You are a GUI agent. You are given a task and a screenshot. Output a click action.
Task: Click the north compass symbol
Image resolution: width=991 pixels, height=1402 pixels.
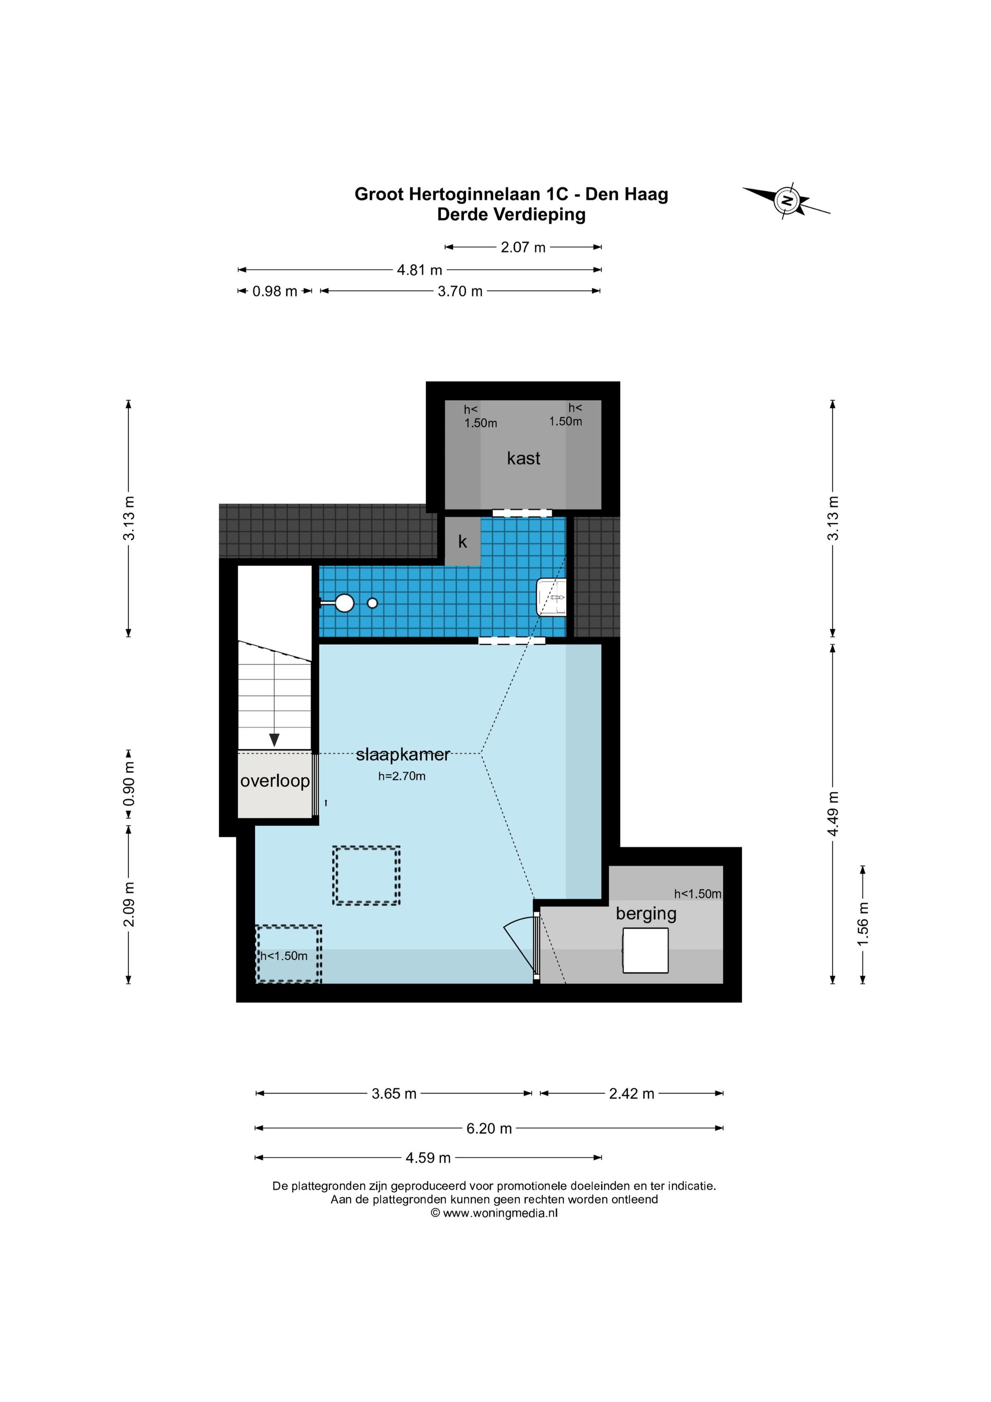(788, 200)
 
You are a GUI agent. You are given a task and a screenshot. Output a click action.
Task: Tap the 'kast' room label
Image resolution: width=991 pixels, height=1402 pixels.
(523, 458)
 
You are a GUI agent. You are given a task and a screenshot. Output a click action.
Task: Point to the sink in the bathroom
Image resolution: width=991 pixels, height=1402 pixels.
(551, 597)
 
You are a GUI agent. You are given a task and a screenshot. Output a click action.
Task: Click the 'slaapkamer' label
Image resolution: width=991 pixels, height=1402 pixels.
(403, 755)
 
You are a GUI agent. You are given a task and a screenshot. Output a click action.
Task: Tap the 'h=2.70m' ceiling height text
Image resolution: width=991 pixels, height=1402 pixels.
(402, 776)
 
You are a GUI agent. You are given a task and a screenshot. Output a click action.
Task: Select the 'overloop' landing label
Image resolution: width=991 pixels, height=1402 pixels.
(275, 781)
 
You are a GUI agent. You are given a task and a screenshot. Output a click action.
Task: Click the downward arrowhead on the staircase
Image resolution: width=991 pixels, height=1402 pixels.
(275, 739)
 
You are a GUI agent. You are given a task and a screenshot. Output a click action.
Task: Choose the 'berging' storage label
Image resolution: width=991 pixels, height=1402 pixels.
(646, 914)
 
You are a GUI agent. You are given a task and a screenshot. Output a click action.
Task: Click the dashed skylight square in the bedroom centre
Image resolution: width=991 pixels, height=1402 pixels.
(367, 876)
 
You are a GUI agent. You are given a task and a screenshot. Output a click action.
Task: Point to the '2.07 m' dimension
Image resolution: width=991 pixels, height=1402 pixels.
(523, 247)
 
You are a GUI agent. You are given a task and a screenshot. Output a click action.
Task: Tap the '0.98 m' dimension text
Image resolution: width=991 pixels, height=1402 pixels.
(275, 291)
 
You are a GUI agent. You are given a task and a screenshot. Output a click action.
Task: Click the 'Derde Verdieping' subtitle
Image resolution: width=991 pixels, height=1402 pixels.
(511, 214)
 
